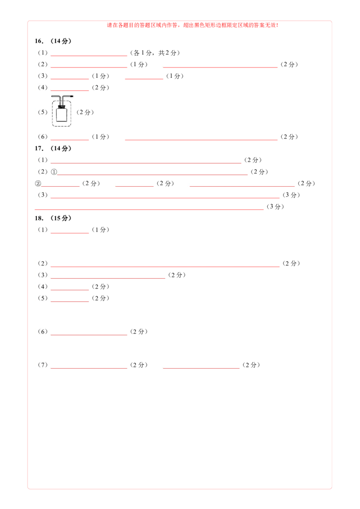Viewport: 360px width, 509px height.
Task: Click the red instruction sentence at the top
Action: [x=193, y=25]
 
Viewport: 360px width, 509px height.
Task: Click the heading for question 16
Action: [x=53, y=41]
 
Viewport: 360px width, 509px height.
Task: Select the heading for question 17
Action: [x=53, y=148]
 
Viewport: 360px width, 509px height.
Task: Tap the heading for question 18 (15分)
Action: [x=53, y=218]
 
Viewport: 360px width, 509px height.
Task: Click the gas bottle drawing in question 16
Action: [x=62, y=111]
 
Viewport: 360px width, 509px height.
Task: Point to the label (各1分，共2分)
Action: [x=155, y=53]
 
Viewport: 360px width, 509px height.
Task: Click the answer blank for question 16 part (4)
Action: [x=70, y=90]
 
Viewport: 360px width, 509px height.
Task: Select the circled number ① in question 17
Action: [x=54, y=172]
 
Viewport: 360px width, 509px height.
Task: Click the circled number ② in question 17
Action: [x=38, y=183]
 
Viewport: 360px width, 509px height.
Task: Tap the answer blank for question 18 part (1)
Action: [x=70, y=233]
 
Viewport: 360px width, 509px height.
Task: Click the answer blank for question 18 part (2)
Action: [x=165, y=267]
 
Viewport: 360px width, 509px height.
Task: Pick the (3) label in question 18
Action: [x=43, y=275]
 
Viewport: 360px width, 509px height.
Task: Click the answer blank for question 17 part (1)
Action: [x=146, y=163]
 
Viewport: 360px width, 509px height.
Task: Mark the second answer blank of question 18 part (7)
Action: [x=201, y=368]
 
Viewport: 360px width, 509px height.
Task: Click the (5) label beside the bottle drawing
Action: [x=43, y=112]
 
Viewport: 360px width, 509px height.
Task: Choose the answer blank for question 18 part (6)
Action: [x=89, y=335]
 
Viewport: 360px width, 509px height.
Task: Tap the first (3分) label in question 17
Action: [x=291, y=195]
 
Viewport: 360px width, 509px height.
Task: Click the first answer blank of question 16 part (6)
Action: [x=70, y=139]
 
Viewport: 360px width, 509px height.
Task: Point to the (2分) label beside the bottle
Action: [x=85, y=112]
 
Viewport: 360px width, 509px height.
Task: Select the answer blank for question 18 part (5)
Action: [x=70, y=301]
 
